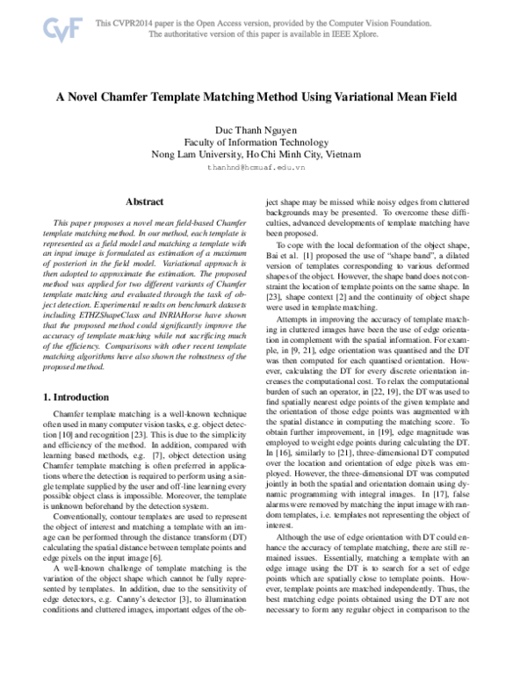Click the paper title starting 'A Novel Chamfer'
(x=263, y=99)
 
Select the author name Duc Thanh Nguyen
(x=263, y=129)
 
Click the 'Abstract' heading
(x=144, y=202)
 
